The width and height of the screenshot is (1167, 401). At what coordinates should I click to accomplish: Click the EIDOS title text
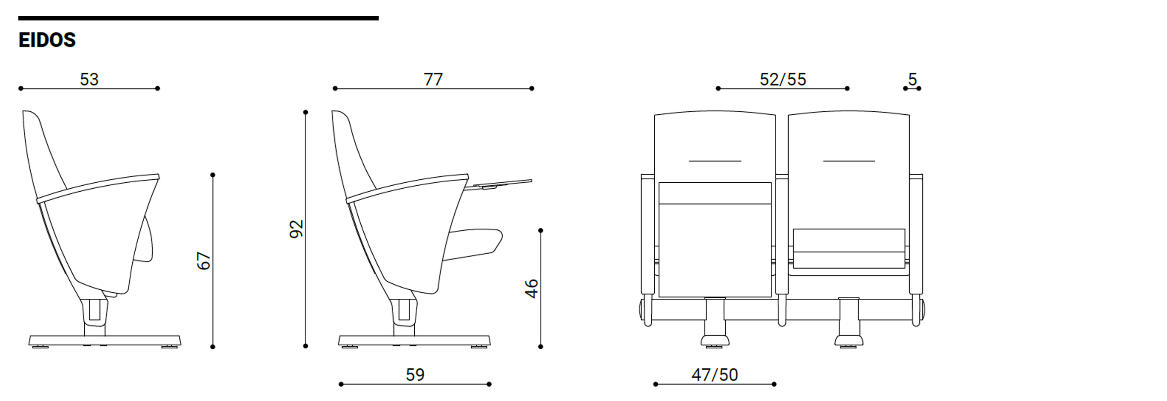pyautogui.click(x=47, y=40)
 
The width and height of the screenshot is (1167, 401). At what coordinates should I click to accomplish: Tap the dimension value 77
pyautogui.click(x=433, y=79)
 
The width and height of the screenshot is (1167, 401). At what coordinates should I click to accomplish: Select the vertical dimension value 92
pyautogui.click(x=296, y=229)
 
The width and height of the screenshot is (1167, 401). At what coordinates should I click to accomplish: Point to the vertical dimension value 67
pyautogui.click(x=204, y=261)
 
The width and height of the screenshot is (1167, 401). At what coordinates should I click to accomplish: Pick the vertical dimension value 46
pyautogui.click(x=532, y=288)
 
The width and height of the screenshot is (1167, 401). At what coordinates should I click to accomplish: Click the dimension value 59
pyautogui.click(x=415, y=375)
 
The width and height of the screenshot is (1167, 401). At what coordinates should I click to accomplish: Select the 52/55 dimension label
pyautogui.click(x=783, y=79)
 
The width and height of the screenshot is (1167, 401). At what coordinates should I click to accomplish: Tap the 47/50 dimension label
pyautogui.click(x=714, y=375)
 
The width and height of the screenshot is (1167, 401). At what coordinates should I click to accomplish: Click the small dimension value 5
pyautogui.click(x=912, y=79)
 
